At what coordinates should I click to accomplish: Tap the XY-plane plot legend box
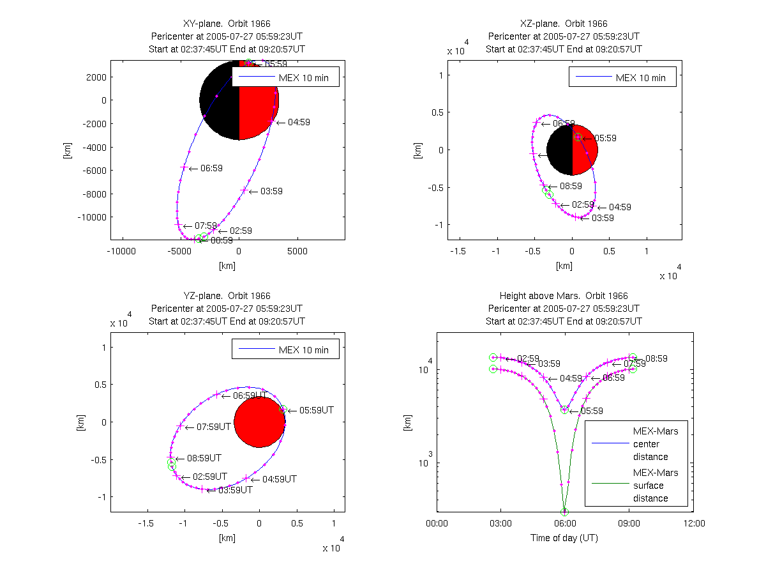[285, 77]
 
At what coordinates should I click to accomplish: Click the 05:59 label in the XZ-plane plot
[606, 138]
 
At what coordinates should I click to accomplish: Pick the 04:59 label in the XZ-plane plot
[620, 207]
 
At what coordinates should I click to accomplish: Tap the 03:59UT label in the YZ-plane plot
[236, 490]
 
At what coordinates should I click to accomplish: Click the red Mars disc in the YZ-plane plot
[259, 422]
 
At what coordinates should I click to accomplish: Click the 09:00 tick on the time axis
[629, 523]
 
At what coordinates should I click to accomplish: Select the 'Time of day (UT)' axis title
[564, 538]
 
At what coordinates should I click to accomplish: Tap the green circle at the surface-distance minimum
[564, 511]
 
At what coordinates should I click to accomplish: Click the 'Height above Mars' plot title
[563, 296]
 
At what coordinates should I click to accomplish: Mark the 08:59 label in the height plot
[656, 359]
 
